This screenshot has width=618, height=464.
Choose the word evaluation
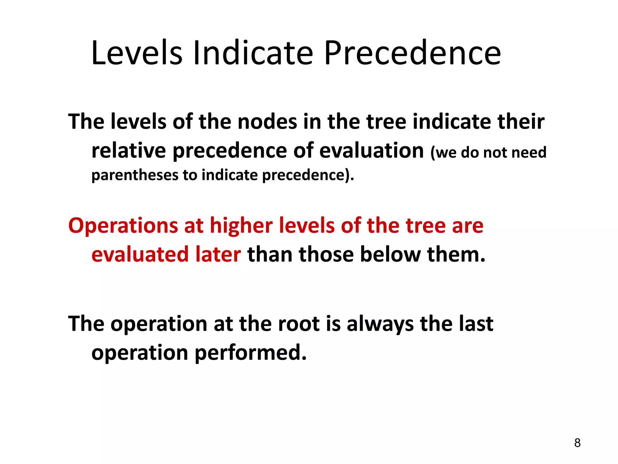(371, 150)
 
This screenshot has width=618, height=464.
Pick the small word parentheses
(135, 175)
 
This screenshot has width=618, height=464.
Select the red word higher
(241, 225)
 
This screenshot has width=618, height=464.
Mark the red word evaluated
(140, 254)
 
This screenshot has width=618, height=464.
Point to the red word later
(218, 254)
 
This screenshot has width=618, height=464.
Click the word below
(390, 254)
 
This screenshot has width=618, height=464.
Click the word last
(476, 324)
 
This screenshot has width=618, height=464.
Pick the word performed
(250, 353)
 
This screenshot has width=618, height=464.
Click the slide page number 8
(577, 443)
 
